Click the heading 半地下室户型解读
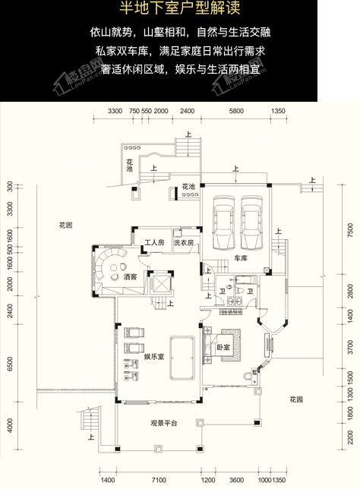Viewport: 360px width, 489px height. (179, 10)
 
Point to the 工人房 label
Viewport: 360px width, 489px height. (154, 243)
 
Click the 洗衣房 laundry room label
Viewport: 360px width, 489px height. (183, 243)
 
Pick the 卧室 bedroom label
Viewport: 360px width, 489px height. (223, 347)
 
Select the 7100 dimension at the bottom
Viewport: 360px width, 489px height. (158, 481)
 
